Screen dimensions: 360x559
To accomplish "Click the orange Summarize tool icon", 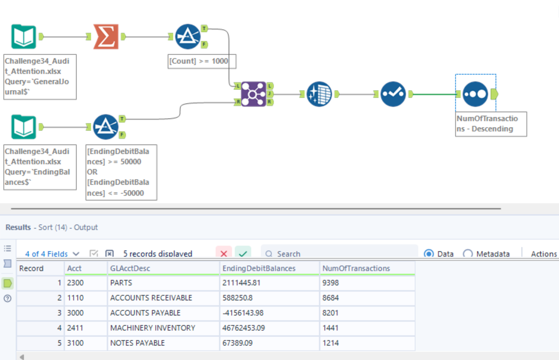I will pos(106,37).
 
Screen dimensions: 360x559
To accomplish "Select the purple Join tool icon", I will pos(253,94).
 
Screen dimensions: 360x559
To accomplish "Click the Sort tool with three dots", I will pos(475,94).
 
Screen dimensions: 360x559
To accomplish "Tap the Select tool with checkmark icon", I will pos(393,94).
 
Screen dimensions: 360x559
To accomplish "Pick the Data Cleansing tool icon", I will pos(319,94).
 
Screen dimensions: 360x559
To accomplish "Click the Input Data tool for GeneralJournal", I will pos(24,37).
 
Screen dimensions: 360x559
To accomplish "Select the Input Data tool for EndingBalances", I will pos(24,127).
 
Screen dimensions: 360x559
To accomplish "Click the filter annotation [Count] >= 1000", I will pos(202,61).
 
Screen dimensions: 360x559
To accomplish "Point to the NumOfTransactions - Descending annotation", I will pos(491,124).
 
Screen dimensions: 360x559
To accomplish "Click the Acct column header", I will pos(74,268).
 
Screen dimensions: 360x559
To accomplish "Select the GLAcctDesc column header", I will pos(130,268).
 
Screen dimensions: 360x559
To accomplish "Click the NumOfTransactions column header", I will pos(356,268).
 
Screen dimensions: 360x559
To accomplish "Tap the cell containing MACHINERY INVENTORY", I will pos(152,328).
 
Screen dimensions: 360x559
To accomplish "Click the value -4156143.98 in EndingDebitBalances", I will pos(243,313).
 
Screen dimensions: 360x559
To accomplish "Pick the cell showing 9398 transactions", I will pos(330,283).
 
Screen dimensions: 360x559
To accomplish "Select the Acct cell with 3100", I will pos(75,343).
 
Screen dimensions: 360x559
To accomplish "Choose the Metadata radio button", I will pos(468,254).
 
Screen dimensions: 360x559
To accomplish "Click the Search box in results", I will pos(338,254).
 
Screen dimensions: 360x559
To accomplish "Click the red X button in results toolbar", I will pos(224,254).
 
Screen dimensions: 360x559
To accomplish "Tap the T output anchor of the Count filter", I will pos(204,28).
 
